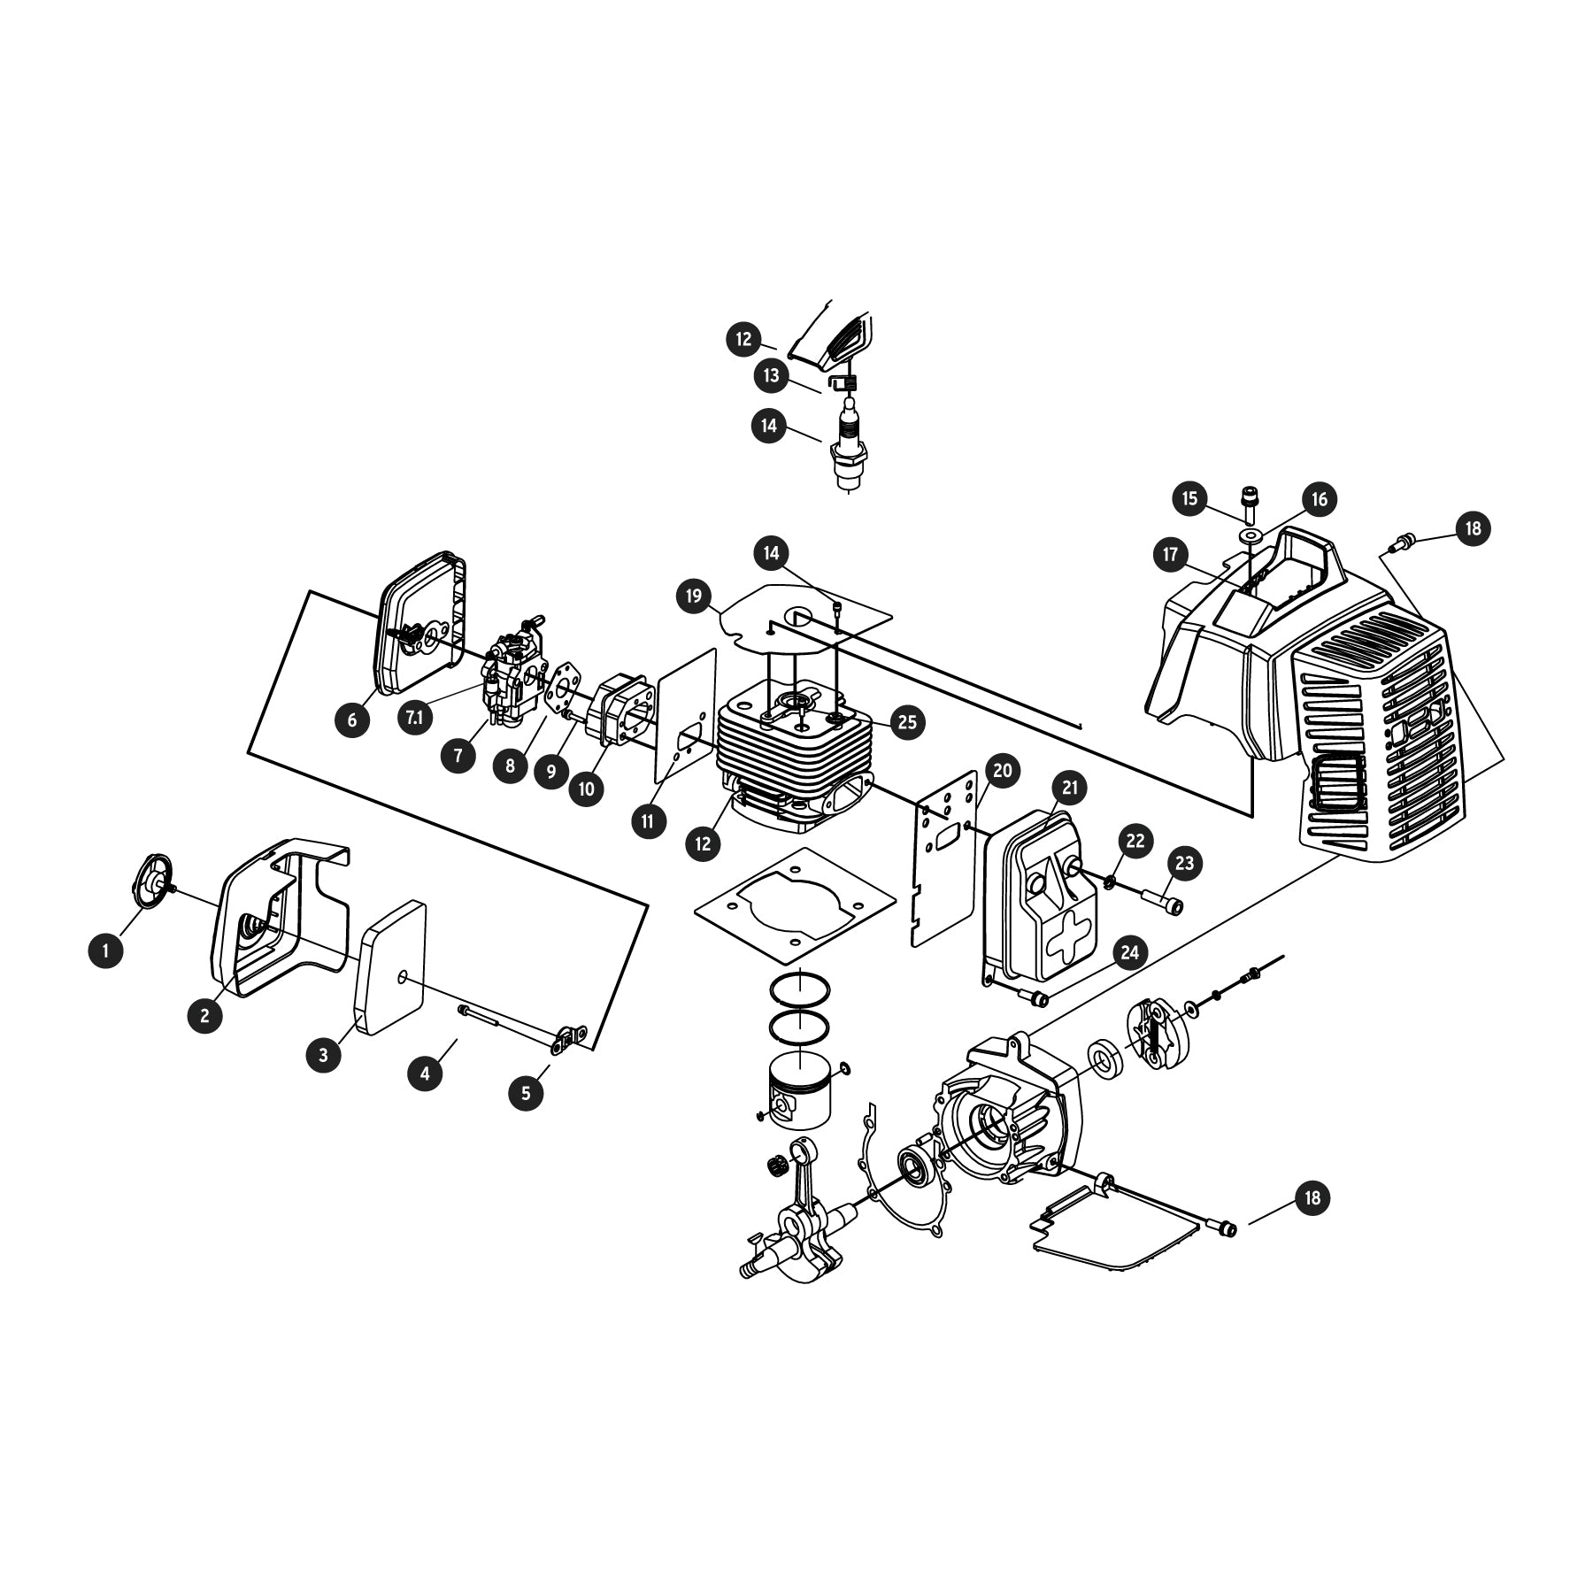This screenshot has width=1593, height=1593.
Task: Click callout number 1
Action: coord(106,950)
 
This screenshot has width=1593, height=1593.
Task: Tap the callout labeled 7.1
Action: coord(414,718)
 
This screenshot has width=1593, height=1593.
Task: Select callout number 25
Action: coord(907,722)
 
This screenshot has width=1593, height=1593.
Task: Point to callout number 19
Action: coord(694,596)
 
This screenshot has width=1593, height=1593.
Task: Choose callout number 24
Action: coord(1129,952)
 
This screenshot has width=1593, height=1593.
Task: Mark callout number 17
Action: coord(1171,555)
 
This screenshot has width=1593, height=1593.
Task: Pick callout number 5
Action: coord(527,1092)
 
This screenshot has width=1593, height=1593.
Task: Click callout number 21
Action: coord(1070,787)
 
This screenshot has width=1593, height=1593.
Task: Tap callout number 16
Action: coord(1319,499)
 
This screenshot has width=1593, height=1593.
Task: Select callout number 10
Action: coord(587,788)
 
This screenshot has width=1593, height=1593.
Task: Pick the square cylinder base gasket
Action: coord(795,904)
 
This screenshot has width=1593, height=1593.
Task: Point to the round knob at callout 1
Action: coord(153,881)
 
